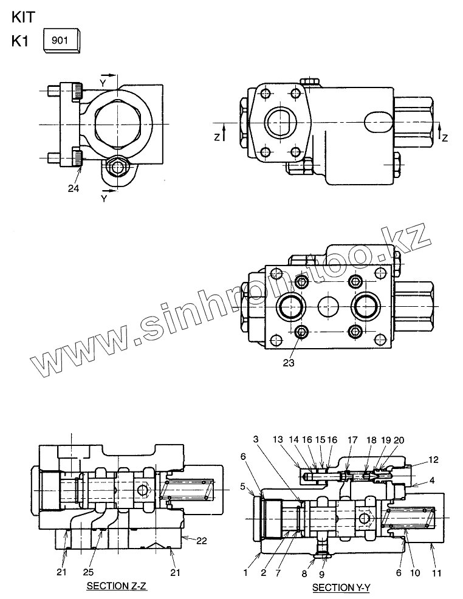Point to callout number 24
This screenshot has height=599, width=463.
coord(73,188)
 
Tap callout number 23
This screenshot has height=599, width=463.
coord(289,363)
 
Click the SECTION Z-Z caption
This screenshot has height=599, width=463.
coord(117,586)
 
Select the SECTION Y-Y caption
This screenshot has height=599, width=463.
coord(341,587)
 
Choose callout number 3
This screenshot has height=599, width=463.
coord(256,439)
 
